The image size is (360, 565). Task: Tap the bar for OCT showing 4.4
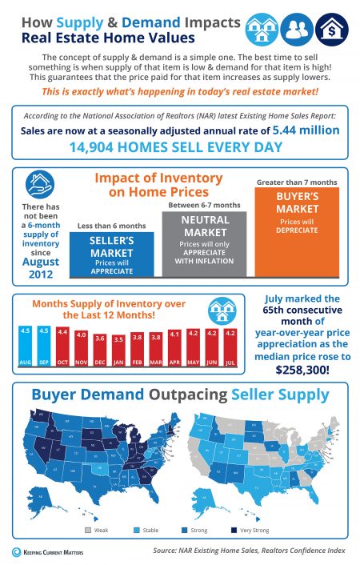click(62, 346)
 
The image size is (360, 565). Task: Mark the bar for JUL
click(230, 347)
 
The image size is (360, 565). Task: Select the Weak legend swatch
click(90, 530)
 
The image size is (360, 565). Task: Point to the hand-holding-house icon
click(39, 183)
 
